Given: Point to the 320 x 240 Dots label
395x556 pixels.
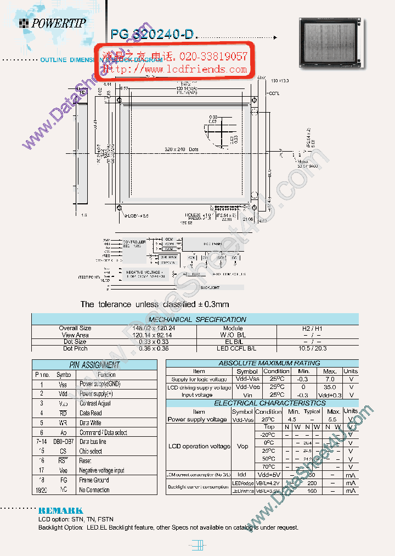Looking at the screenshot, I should [182, 149].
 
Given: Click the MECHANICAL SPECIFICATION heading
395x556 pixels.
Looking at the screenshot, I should [198, 319].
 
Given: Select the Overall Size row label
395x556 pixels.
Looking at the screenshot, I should [75, 328].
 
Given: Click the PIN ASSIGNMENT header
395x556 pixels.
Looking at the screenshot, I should [94, 365].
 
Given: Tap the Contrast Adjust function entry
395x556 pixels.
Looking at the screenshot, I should [95, 403].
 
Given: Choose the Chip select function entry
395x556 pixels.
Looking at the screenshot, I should [91, 451].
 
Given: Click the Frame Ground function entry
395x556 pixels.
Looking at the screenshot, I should [94, 480].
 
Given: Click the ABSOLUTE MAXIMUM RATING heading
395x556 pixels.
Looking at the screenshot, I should [262, 363].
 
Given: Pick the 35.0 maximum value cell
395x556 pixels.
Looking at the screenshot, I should [330, 387].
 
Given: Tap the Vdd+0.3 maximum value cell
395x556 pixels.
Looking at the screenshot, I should [330, 395].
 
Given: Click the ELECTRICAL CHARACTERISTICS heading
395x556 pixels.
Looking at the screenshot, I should [262, 403].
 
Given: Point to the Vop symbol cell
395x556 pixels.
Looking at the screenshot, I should [242, 446].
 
